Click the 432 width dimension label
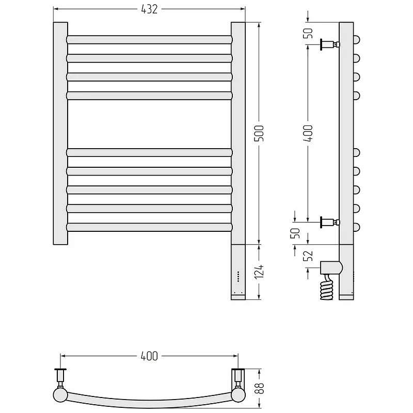149,9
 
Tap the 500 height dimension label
259,133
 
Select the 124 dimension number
259,272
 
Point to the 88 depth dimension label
260,388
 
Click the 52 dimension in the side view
308,256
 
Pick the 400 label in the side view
308,133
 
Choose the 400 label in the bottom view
149,356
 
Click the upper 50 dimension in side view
308,33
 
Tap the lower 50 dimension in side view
295,233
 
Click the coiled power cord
327,288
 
